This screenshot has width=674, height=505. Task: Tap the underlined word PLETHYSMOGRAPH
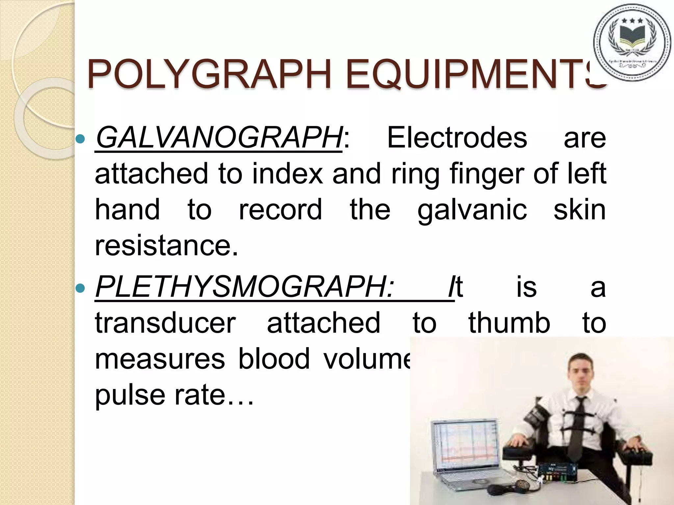[x=244, y=287]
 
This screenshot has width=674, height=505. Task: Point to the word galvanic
[x=472, y=210]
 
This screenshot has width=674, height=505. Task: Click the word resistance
[x=166, y=246]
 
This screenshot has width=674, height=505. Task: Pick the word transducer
[x=165, y=323]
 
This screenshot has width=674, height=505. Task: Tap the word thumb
[x=509, y=323]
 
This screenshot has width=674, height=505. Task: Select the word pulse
[x=130, y=395]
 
